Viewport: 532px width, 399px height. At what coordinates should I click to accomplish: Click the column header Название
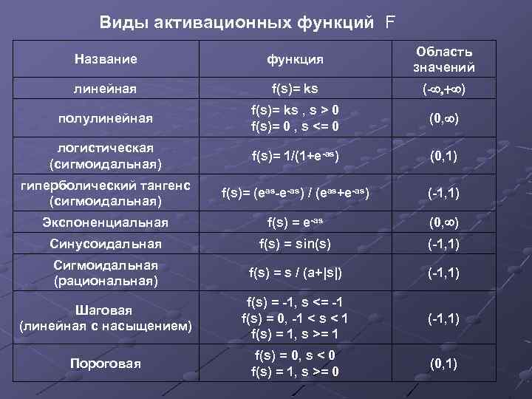[x=106, y=58]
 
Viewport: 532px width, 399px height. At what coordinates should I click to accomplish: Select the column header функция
[x=295, y=59]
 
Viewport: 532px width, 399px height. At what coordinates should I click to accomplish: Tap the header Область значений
[x=444, y=59]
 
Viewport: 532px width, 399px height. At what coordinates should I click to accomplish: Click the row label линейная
[x=105, y=89]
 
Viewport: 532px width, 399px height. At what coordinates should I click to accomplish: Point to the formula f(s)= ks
[x=295, y=89]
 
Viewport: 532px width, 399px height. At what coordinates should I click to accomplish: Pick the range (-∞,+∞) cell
[x=444, y=89]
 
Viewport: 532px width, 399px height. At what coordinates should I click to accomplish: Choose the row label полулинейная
[x=106, y=118]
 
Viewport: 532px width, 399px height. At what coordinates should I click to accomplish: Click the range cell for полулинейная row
[x=444, y=118]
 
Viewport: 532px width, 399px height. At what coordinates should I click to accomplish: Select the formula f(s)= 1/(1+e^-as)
[x=295, y=157]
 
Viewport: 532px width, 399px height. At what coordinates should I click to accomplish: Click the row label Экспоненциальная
[x=106, y=222]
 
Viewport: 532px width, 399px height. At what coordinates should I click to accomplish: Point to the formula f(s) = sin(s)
[x=295, y=242]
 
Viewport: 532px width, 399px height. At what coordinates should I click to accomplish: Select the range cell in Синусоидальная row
[x=444, y=242]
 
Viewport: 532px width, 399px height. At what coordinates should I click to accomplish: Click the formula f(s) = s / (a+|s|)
[x=295, y=273]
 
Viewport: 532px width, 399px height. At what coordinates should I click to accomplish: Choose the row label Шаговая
[x=106, y=310]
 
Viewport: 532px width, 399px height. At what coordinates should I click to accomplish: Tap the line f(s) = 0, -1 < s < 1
[x=295, y=318]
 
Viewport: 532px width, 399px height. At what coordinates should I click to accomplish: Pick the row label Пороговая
[x=106, y=363]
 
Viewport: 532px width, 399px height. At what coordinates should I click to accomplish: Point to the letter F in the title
[x=389, y=22]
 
